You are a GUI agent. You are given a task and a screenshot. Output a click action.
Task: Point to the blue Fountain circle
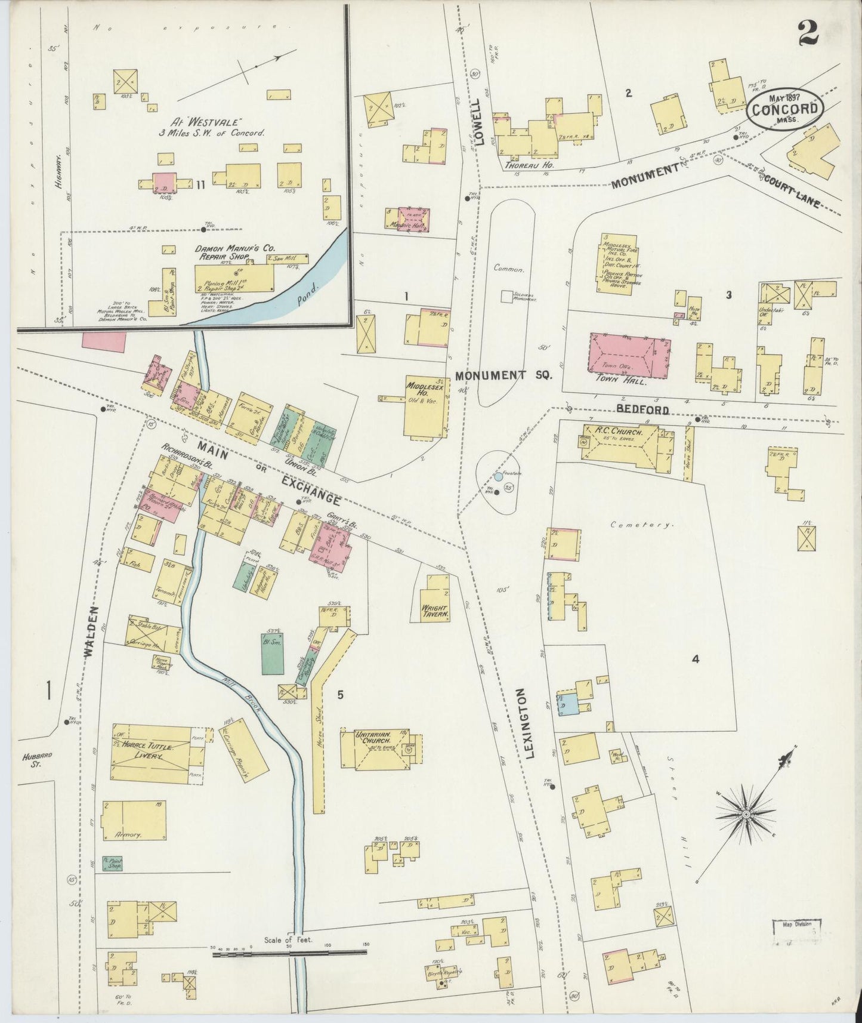(x=498, y=477)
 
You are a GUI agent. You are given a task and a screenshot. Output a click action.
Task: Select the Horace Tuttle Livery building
(x=157, y=751)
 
